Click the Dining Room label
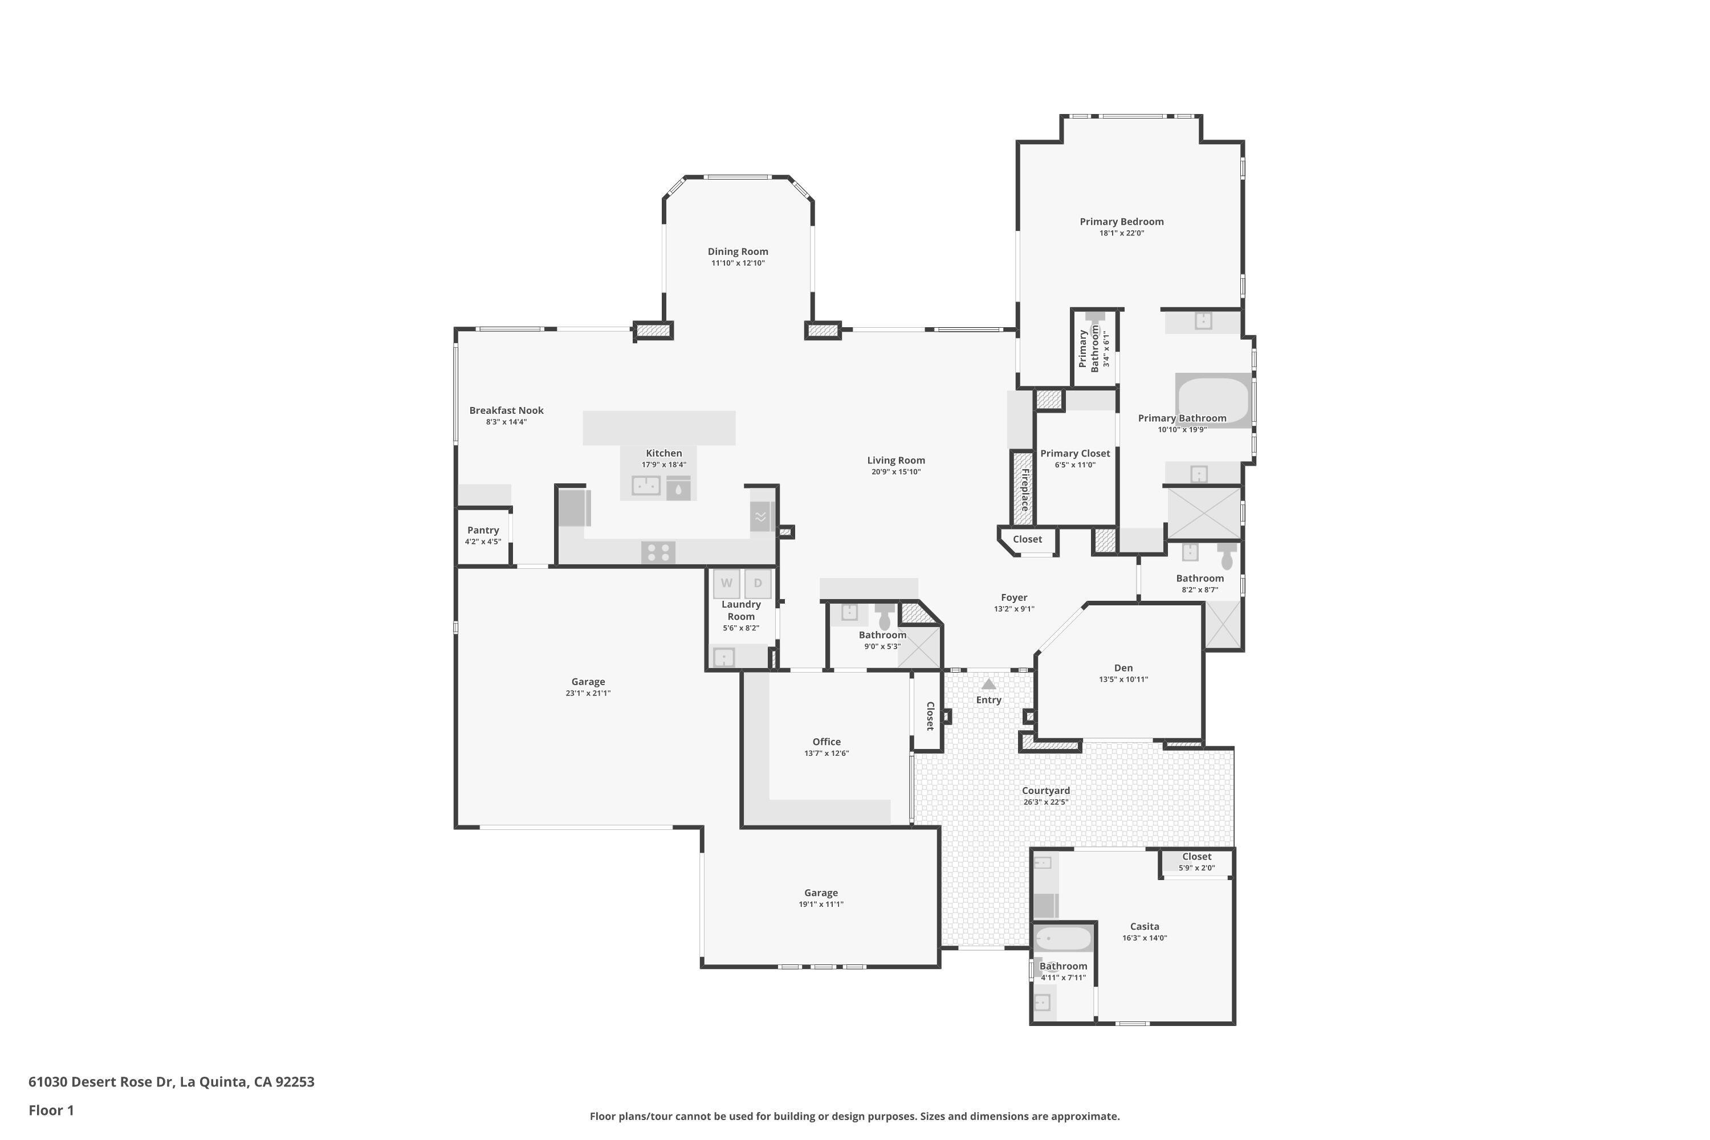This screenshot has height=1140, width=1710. tap(738, 251)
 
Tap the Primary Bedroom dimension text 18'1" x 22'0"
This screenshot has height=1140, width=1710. tap(1121, 233)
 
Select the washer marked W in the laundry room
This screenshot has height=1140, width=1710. tap(726, 583)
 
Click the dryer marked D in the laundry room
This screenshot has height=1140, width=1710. tap(758, 583)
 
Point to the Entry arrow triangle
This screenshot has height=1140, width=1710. tap(989, 684)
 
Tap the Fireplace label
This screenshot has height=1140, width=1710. tap(1024, 489)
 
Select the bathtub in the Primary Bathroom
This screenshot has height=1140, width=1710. tap(1214, 401)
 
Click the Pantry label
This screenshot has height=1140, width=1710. tap(483, 530)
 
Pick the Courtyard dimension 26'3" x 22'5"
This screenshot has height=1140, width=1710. tap(1045, 803)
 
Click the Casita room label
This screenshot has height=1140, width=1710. tap(1145, 926)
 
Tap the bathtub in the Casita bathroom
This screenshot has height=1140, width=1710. tap(1064, 939)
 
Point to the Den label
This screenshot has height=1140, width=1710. tap(1123, 668)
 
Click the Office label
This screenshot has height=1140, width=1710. tap(826, 742)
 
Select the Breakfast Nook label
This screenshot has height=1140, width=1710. tap(507, 411)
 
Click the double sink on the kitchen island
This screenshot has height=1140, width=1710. tap(646, 485)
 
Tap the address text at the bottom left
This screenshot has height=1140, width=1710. tap(172, 1082)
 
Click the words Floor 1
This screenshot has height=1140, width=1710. tap(52, 1110)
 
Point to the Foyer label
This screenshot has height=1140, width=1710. tap(1014, 597)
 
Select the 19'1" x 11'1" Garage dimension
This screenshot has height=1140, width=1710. tap(821, 905)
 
